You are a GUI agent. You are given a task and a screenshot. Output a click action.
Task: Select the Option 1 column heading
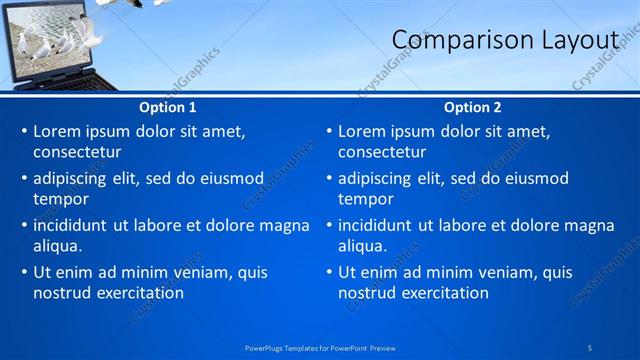(x=167, y=107)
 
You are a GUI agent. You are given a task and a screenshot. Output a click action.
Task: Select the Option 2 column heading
(x=473, y=107)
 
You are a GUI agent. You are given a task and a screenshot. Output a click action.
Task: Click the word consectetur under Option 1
(x=77, y=153)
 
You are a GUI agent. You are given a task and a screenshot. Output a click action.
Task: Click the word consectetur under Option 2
(x=382, y=153)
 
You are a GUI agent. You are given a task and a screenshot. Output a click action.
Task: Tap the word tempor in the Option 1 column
(x=61, y=199)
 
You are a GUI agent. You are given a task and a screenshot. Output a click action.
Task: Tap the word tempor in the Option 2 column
(x=366, y=199)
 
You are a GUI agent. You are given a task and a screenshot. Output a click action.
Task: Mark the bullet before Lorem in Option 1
(x=23, y=131)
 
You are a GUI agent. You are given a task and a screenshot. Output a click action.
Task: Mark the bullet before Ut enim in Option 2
(x=328, y=272)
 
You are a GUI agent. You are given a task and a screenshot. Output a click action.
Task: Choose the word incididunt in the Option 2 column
(x=380, y=225)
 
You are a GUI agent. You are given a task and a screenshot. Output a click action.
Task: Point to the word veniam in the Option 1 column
(x=202, y=272)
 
